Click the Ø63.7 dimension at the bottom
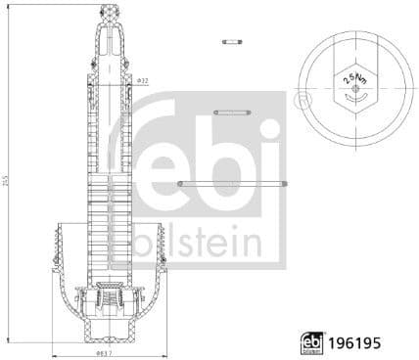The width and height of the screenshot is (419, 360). coord(103,353)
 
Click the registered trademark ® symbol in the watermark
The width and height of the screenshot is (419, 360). coord(300,100)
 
